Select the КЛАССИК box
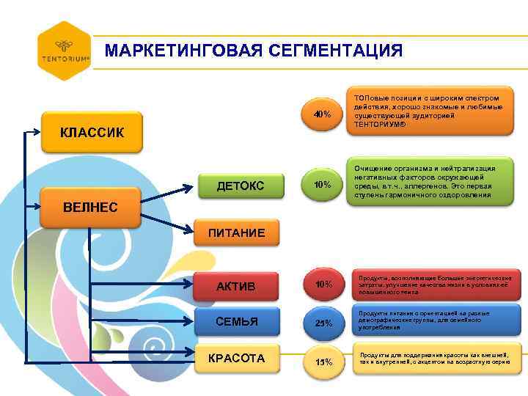(92, 132)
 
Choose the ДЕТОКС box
(240, 186)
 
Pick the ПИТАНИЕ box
(236, 233)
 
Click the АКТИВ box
(236, 285)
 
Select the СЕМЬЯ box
(236, 321)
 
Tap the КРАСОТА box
(236, 359)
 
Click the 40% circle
(323, 114)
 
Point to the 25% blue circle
(323, 323)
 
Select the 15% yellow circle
(323, 362)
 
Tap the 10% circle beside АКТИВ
(323, 284)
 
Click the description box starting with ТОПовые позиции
(429, 112)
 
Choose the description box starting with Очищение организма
(429, 183)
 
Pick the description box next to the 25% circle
(433, 321)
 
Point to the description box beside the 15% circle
(433, 359)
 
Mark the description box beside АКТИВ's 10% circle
(433, 284)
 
